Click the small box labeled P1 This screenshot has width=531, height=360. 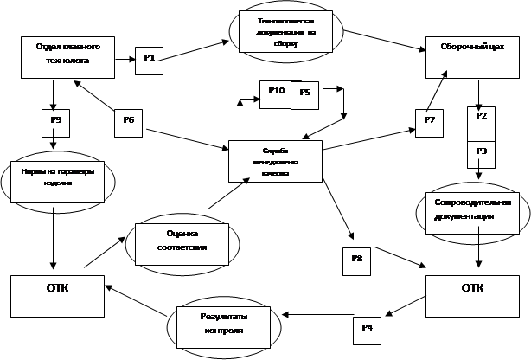148,59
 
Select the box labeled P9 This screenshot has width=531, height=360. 55,120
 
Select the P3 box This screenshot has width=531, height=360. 481,151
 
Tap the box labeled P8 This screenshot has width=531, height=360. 356,260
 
